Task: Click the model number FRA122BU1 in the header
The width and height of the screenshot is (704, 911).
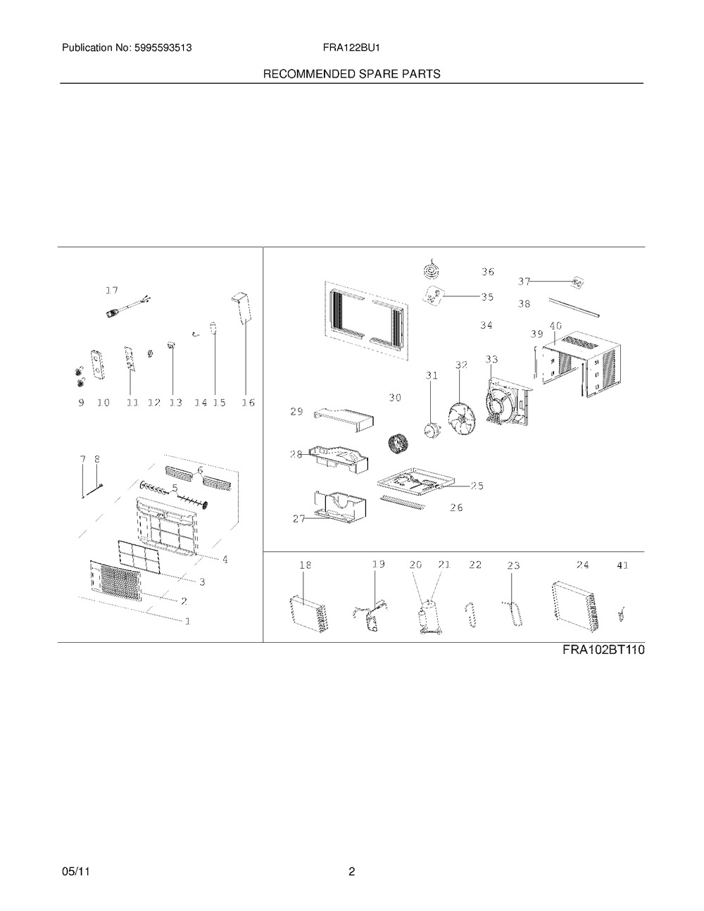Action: point(351,48)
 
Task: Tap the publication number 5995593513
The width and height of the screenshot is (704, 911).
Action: point(163,48)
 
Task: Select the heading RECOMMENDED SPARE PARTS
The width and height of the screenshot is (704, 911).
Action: point(351,74)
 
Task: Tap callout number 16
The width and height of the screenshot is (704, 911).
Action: point(248,403)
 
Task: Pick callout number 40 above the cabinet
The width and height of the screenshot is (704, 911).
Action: point(555,326)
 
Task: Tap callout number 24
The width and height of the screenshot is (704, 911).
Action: point(582,565)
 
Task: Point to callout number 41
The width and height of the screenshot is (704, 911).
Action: point(623,565)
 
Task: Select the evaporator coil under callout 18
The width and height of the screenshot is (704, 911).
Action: point(309,615)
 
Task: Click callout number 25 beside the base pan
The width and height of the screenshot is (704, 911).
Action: point(477,486)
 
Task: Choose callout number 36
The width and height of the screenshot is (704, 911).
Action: point(487,272)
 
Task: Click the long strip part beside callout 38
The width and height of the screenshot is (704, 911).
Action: point(575,307)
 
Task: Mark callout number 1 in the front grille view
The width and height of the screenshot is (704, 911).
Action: point(187,622)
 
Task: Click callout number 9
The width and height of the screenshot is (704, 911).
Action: point(81,403)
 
